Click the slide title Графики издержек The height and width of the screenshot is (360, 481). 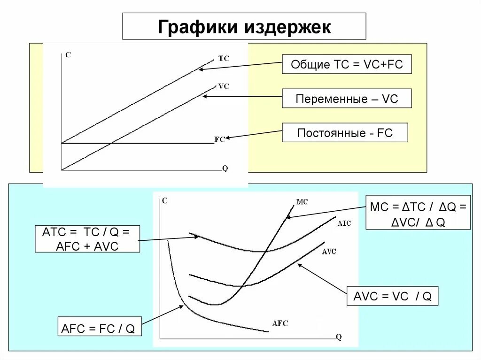[244, 26]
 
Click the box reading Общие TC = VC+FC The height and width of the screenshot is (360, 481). [347, 64]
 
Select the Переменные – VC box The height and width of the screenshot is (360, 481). [347, 99]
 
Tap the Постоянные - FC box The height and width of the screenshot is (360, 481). [345, 133]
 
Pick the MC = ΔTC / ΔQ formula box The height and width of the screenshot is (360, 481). [418, 212]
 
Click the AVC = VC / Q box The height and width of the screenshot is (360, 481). [392, 296]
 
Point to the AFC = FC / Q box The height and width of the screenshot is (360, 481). [98, 328]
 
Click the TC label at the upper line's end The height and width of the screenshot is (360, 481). [224, 59]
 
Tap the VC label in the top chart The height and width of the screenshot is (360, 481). [224, 86]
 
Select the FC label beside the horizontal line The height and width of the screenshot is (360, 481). [219, 139]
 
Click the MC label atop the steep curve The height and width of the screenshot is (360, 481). [302, 202]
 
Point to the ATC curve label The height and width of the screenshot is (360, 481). [344, 224]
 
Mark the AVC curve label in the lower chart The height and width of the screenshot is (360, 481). [329, 252]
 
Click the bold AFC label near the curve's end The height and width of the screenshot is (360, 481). [280, 323]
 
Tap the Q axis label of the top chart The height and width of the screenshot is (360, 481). [225, 169]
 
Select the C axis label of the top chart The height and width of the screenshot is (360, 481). [68, 55]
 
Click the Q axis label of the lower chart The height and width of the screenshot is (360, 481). [339, 337]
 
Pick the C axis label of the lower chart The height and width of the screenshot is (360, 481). [164, 200]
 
